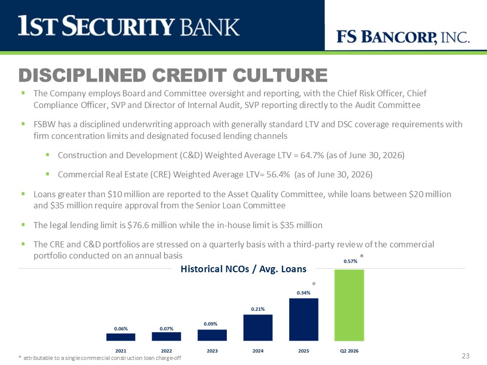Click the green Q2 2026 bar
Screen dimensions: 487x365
tap(349, 305)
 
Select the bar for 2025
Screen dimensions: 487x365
tap(303, 319)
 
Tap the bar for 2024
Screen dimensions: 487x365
tap(258, 328)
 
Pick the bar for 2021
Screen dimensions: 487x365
tap(121, 337)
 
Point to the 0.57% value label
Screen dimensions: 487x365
tap(351, 262)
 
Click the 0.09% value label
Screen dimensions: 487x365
tap(211, 324)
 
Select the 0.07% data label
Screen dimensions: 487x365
tap(166, 328)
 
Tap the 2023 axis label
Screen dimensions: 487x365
tap(212, 351)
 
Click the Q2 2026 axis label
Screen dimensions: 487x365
tap(350, 351)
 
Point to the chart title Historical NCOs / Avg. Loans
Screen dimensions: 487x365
tap(243, 269)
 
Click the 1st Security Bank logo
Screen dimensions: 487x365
tap(128, 26)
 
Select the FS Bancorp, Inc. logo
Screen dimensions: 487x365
tap(403, 37)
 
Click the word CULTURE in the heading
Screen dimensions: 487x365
tap(280, 75)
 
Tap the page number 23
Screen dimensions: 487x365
tap(466, 356)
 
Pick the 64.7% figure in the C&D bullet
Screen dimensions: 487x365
tap(312, 155)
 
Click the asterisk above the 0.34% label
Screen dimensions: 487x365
tap(314, 284)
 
